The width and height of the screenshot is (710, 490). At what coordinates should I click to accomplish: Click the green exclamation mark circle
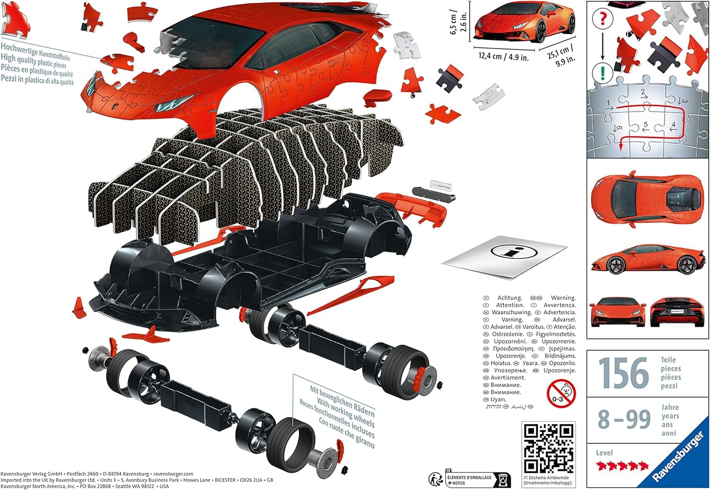click(x=602, y=73)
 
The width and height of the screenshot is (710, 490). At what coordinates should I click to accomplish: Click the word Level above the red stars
click(x=604, y=453)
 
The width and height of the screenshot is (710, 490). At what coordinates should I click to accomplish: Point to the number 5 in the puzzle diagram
click(x=645, y=125)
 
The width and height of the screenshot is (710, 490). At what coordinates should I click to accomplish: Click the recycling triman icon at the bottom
click(x=436, y=479)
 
